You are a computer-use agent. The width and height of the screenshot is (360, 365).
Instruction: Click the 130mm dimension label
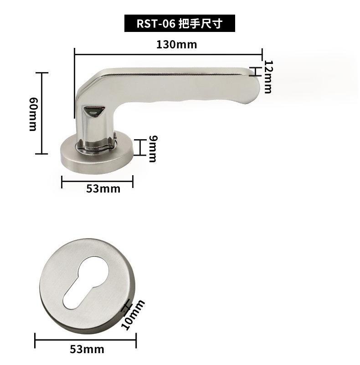pyautogui.click(x=176, y=44)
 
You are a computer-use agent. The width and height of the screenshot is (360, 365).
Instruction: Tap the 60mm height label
pyautogui.click(x=33, y=114)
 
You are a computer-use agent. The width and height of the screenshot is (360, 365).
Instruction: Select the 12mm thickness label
pyautogui.click(x=268, y=77)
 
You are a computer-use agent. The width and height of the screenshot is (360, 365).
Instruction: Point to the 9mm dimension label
pyautogui.click(x=153, y=149)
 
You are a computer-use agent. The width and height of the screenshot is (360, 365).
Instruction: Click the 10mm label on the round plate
pyautogui.click(x=133, y=315)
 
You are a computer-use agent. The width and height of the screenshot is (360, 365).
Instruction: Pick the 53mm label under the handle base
pyautogui.click(x=103, y=189)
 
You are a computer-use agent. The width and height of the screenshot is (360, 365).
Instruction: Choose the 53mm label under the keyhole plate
pyautogui.click(x=87, y=349)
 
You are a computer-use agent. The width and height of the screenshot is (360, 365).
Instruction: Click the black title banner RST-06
pyautogui.click(x=180, y=23)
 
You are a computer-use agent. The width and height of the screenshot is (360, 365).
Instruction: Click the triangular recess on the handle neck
pyautogui.click(x=94, y=110)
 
